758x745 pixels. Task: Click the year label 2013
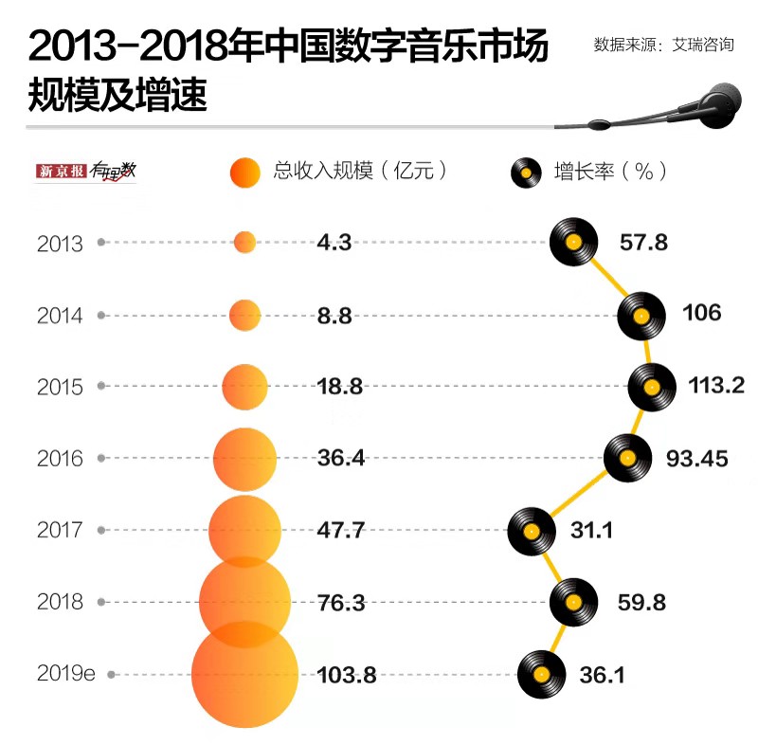[x=60, y=244]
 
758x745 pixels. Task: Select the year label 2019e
[x=66, y=675]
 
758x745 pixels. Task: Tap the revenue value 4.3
[x=334, y=243]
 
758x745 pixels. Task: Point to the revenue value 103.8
[x=347, y=675]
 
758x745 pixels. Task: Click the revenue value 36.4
[x=340, y=459]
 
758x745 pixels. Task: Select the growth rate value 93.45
[x=697, y=459]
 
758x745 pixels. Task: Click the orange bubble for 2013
[x=244, y=243]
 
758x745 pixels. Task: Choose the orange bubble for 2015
[x=245, y=387]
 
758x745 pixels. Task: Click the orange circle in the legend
[x=244, y=172]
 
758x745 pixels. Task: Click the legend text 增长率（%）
[x=610, y=172]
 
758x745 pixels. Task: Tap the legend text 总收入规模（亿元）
[x=360, y=172]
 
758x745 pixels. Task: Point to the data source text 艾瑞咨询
[x=702, y=45]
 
